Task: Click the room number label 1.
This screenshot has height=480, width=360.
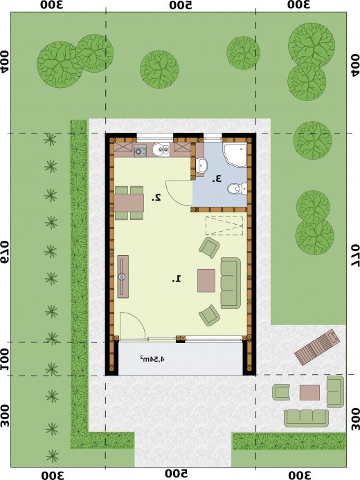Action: click(x=177, y=279)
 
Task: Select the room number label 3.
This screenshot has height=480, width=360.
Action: click(x=217, y=178)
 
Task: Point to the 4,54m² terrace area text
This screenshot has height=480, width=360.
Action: click(x=152, y=358)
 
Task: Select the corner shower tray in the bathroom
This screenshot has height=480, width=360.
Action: click(x=235, y=155)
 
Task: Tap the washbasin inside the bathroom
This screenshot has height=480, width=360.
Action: click(x=201, y=165)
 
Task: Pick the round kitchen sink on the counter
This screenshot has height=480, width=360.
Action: click(x=161, y=149)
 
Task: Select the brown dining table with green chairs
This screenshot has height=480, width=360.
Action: click(x=129, y=203)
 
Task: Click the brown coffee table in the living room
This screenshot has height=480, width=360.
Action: click(x=206, y=280)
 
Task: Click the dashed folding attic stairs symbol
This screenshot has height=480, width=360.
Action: click(x=224, y=225)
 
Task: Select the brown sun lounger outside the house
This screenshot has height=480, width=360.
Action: click(x=317, y=347)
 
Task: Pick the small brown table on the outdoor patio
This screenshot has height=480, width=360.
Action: click(x=309, y=393)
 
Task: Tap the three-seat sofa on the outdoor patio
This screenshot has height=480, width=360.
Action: click(x=307, y=418)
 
